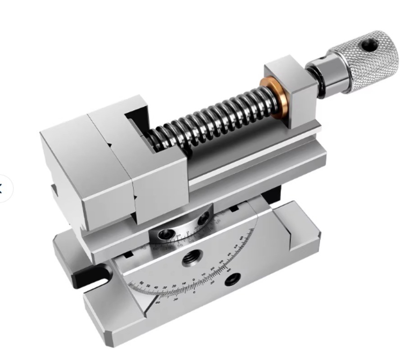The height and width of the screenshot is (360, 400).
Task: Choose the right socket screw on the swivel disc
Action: [x=204, y=219]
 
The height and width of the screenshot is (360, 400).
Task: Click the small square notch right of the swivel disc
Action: [x=234, y=210]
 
